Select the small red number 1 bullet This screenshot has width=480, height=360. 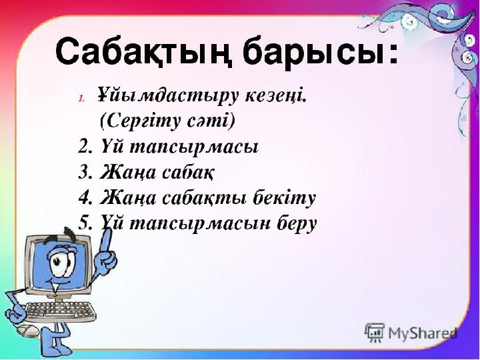pyautogui.click(x=81, y=99)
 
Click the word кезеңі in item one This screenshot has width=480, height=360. pyautogui.click(x=275, y=95)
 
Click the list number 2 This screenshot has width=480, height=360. pyautogui.click(x=85, y=147)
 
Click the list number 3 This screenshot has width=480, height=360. pyautogui.click(x=85, y=173)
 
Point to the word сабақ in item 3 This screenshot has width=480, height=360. pyautogui.click(x=187, y=173)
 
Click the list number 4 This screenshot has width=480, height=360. pyautogui.click(x=85, y=198)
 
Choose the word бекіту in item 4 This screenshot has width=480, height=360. pyautogui.click(x=284, y=198)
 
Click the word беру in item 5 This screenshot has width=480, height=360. pyautogui.click(x=297, y=225)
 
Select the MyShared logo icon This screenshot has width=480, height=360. pyautogui.click(x=374, y=333)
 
